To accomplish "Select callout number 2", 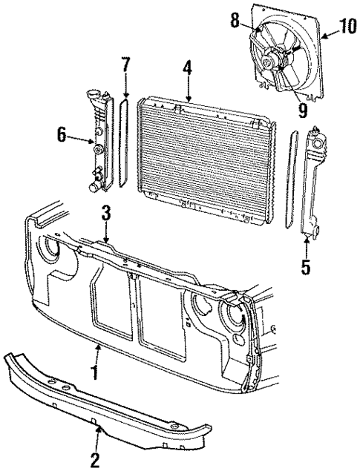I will click(x=94, y=461).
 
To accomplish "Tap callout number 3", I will click(x=106, y=213).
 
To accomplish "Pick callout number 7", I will click(x=125, y=65).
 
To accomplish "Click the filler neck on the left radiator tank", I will click(x=94, y=96).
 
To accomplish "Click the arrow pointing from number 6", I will click(x=81, y=136).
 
